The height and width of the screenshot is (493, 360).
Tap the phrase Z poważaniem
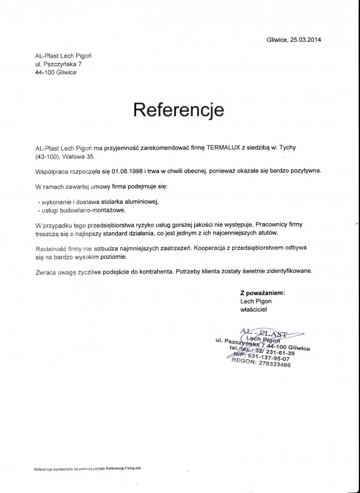coord(262,292)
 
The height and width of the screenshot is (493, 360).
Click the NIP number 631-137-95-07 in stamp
coord(273,358)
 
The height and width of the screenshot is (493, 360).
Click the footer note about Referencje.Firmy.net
coord(87,469)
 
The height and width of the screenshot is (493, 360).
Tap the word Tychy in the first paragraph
coord(302,148)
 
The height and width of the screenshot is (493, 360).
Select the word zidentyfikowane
coord(289,272)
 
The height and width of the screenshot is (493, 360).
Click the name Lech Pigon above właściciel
coord(257,301)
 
